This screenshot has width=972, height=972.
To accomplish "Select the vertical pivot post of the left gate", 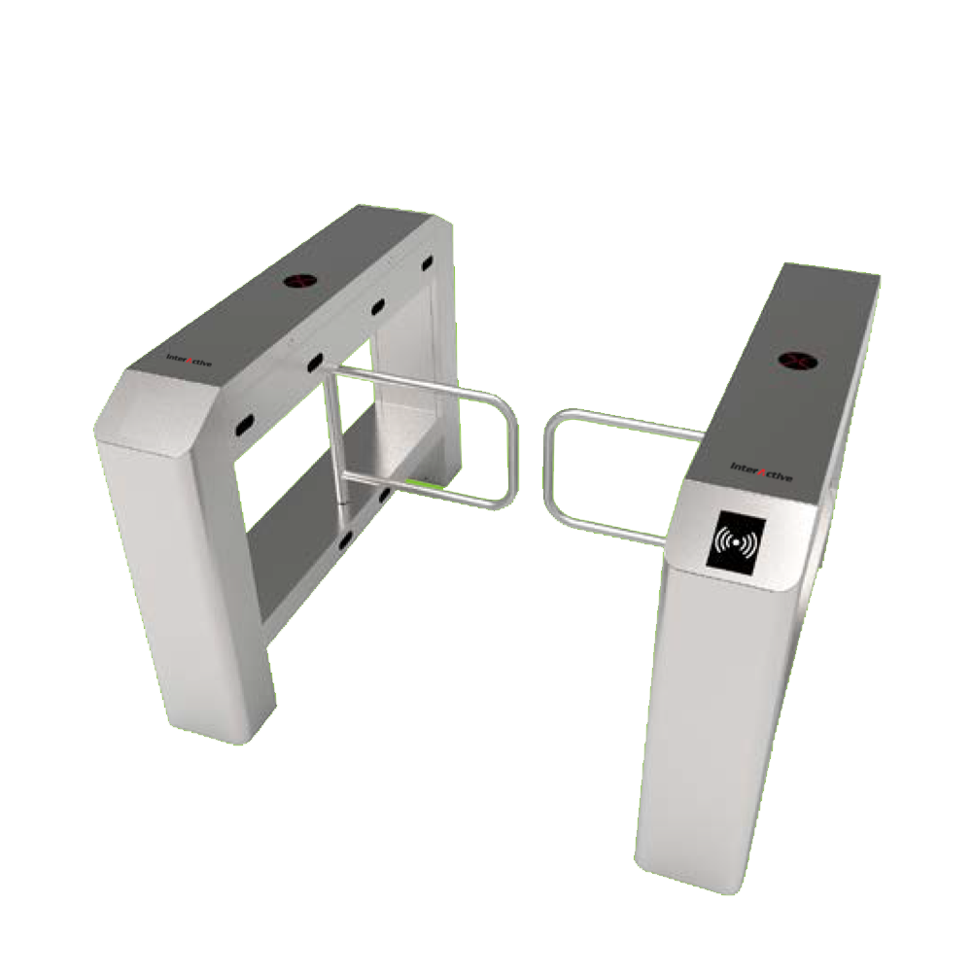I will coord(334,437).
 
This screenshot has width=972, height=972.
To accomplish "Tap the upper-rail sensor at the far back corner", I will coord(426,262).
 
